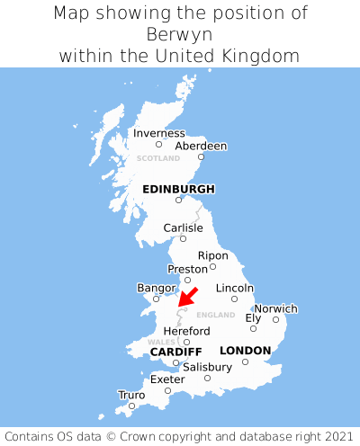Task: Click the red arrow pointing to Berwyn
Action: click(187, 298)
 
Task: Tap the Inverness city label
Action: click(158, 133)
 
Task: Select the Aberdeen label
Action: click(201, 146)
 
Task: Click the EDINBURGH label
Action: click(178, 189)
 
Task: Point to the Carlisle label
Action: click(183, 227)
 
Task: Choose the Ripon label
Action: click(212, 255)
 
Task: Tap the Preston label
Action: click(187, 269)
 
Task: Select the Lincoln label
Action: click(235, 288)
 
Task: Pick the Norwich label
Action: click(275, 308)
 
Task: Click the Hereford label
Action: click(186, 331)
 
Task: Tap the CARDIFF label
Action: click(175, 351)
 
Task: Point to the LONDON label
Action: click(245, 350)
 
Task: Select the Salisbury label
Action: click(207, 367)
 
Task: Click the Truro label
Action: click(131, 395)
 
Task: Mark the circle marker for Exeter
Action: click(167, 390)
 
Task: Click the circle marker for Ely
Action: click(253, 328)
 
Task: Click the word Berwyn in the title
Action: click(180, 34)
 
